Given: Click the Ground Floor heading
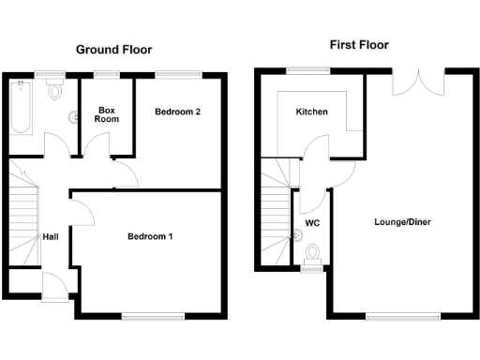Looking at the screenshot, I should (x=112, y=50).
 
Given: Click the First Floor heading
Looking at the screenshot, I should (x=358, y=45).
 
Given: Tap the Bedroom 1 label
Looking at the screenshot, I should (x=150, y=236).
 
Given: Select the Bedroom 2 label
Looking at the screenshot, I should (x=178, y=112).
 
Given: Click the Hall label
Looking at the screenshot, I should (x=51, y=236).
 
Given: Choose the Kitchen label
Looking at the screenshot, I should (x=312, y=112).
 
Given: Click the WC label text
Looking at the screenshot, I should (x=312, y=225).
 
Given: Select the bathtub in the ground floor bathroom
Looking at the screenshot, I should (x=20, y=110).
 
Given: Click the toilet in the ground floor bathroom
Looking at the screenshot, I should (x=54, y=91).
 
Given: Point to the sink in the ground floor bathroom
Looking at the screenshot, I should (x=73, y=118).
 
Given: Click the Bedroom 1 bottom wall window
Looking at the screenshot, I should (x=147, y=318).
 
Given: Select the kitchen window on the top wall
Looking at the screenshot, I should (x=301, y=69).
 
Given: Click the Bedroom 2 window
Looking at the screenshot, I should (x=178, y=73).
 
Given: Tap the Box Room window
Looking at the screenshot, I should (x=105, y=73).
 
